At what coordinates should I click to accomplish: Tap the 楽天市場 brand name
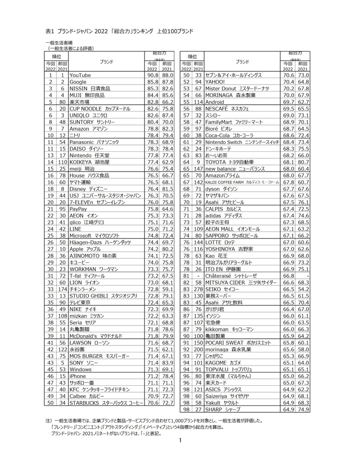pyautogui.click(x=83, y=102)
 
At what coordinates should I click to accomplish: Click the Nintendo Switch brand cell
pyautogui.click(x=241, y=142)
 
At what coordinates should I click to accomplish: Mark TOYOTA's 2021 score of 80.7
pyautogui.click(x=303, y=161)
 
